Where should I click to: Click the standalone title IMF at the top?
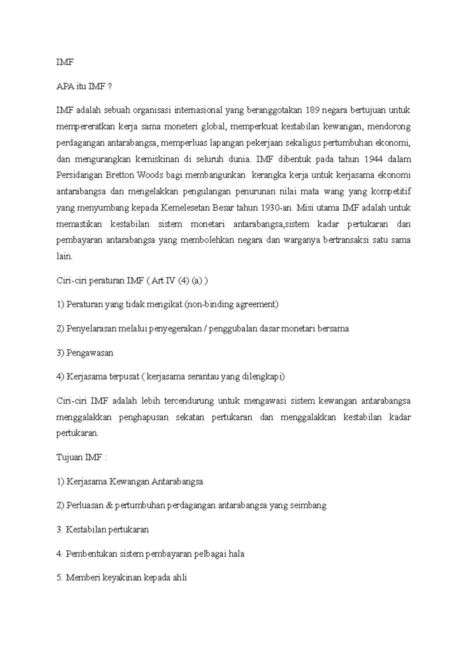[x=65, y=62]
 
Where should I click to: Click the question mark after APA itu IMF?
[x=110, y=87]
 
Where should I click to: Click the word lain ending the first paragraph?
[x=63, y=257]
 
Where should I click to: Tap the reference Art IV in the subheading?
[x=163, y=281]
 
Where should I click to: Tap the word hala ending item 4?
[x=237, y=554]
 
